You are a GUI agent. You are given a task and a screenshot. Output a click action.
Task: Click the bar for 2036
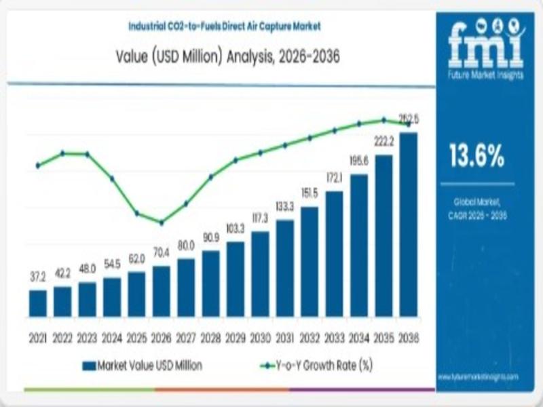(409, 224)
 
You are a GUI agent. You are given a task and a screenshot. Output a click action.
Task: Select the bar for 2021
(38, 303)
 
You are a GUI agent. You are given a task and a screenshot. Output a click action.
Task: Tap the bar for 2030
(260, 274)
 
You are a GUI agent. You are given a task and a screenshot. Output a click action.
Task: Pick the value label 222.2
(383, 140)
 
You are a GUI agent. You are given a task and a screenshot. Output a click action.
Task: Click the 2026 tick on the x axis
(162, 337)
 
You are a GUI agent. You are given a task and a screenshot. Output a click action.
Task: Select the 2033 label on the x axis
(334, 337)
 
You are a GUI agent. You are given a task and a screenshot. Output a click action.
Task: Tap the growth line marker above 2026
(162, 222)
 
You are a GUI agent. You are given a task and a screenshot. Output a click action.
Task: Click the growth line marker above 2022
(62, 153)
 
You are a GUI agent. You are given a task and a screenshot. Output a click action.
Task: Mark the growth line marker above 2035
(383, 119)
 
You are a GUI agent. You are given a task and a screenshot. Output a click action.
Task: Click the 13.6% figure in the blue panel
(477, 157)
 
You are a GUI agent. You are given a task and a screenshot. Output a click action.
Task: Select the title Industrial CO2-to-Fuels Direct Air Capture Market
(224, 26)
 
